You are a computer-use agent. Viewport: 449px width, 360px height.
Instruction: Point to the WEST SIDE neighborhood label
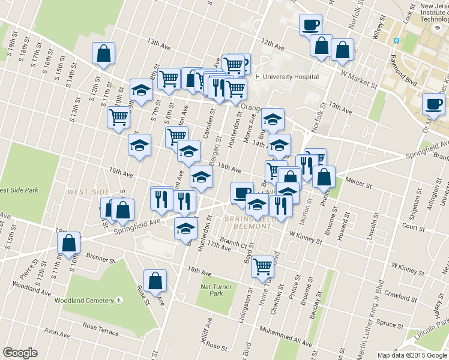(x=84, y=192)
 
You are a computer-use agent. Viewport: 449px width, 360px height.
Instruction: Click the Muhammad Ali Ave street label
(x=285, y=335)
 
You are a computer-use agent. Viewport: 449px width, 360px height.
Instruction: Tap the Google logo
(x=20, y=353)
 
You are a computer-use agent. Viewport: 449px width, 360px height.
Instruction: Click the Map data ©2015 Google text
(x=412, y=355)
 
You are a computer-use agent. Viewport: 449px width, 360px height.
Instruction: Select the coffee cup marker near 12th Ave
(x=311, y=25)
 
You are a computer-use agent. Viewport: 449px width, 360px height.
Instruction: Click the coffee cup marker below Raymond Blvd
(x=433, y=104)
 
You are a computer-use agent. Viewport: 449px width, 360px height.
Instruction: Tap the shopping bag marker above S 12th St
(x=104, y=53)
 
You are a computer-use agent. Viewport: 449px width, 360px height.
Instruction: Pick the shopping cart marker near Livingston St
(x=263, y=266)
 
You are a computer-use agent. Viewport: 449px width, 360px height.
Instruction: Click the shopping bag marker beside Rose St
(x=155, y=280)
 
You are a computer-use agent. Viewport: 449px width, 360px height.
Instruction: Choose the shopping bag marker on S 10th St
(x=68, y=243)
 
